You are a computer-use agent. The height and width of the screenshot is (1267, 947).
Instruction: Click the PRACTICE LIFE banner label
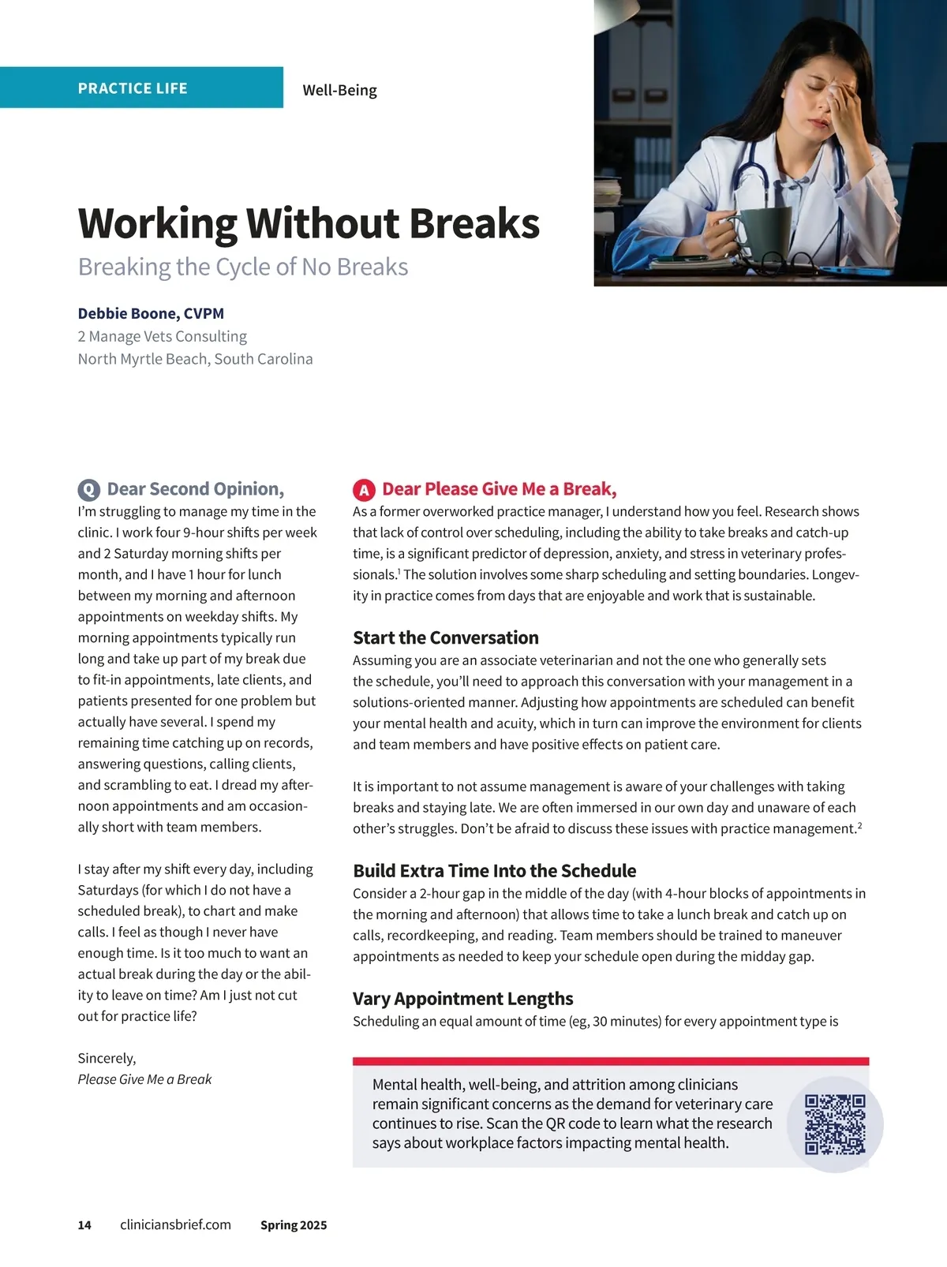point(133,88)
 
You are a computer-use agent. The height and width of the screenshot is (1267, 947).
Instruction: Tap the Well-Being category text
point(339,90)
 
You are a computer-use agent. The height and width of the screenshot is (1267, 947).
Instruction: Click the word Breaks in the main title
point(474,223)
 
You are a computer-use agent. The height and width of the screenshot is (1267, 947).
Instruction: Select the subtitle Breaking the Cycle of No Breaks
point(243,267)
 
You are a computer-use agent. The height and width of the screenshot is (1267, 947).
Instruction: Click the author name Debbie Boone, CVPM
point(151,313)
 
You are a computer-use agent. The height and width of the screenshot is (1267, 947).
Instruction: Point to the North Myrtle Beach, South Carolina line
point(195,359)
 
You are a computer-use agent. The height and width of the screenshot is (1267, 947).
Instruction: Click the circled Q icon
point(88,490)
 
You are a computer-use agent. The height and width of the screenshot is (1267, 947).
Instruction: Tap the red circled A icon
point(363,490)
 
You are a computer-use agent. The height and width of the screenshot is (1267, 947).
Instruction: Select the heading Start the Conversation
point(445,637)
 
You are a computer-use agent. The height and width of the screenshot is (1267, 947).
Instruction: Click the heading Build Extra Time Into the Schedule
point(494,871)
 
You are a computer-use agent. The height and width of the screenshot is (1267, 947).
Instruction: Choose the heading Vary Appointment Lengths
point(462,999)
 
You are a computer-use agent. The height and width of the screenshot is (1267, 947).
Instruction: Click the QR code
point(835,1124)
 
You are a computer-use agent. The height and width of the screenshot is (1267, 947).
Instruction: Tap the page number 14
point(84,1225)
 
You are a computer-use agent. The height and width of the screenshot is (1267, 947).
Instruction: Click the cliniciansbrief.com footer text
point(175,1224)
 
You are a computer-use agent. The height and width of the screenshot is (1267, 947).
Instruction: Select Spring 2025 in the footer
point(294,1225)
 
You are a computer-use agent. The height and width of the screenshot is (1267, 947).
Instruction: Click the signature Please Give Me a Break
point(144,1079)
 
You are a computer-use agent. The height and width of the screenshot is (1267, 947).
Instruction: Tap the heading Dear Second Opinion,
point(195,489)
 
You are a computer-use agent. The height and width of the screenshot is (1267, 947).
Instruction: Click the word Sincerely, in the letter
point(107,1058)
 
